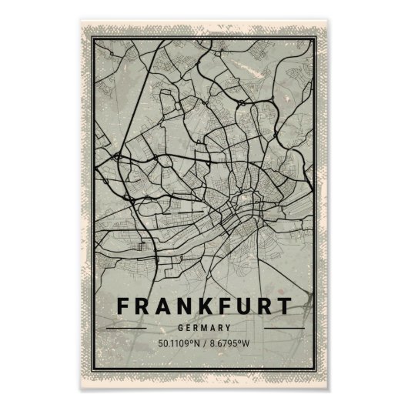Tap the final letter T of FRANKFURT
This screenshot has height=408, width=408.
tap(286, 306)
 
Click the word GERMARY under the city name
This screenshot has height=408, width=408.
tap(204, 327)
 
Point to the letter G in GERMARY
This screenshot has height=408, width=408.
tap(179, 327)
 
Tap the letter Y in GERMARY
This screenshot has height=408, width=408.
tap(229, 327)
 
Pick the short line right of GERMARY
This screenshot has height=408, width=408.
tap(283, 327)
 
